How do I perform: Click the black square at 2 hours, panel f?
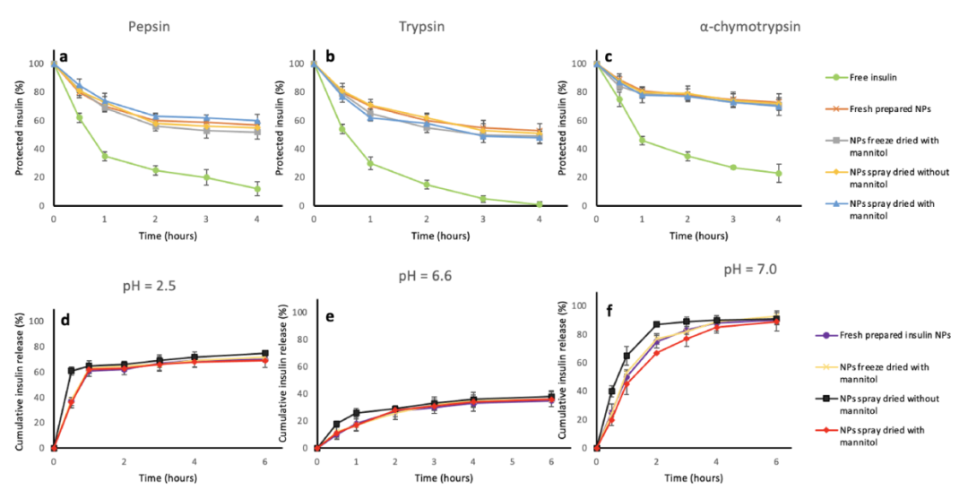pos(656,324)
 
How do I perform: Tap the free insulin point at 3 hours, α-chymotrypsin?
pos(734,168)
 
